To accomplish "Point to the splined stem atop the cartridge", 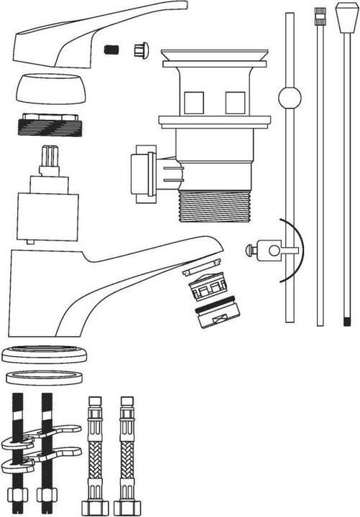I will (50, 159).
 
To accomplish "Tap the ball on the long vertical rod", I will (289, 99).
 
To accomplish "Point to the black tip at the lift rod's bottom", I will (347, 319).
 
